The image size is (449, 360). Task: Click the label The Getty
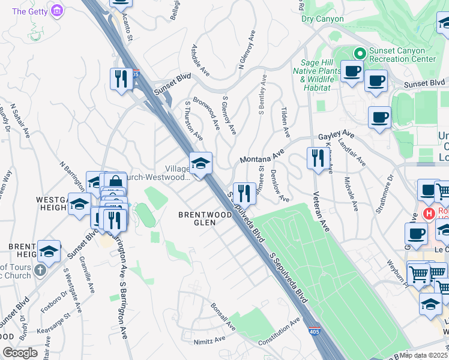29,11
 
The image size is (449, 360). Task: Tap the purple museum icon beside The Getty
57,11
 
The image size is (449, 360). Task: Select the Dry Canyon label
322,19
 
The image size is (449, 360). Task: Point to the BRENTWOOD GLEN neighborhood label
204,218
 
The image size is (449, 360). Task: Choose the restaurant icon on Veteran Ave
316,159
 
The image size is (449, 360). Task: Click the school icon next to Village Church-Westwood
200,163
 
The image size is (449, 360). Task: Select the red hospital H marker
429,213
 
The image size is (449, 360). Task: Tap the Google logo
20,353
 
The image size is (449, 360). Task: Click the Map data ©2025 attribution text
423,355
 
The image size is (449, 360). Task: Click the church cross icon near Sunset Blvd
40,270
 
